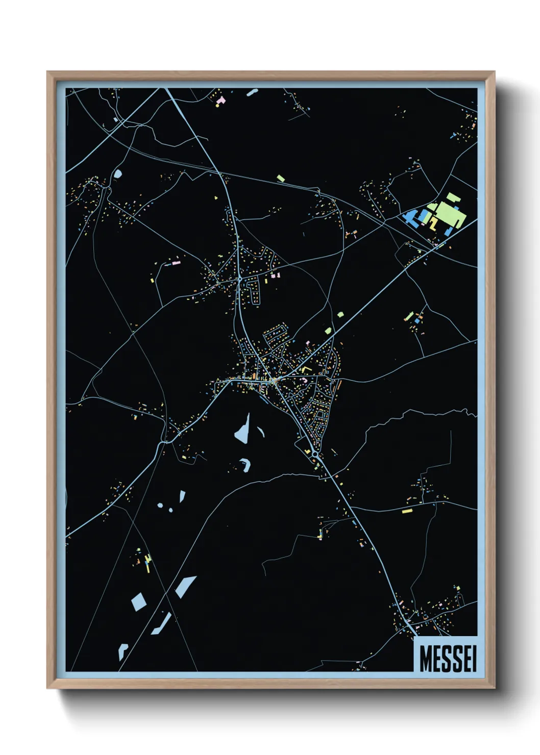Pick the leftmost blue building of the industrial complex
pos(409,217)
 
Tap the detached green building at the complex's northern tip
pos(450,196)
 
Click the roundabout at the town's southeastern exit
pos(315,454)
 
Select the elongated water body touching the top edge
pos(252,93)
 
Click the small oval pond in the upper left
pos(118,174)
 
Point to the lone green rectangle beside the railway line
pos(280,179)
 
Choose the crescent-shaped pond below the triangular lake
pos(247,464)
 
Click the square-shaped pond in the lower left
pos(138,602)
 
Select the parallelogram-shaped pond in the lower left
pos(186,586)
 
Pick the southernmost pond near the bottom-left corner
pos(122,651)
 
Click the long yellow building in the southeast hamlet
pos(407,511)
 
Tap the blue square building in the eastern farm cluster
pos(416,321)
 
